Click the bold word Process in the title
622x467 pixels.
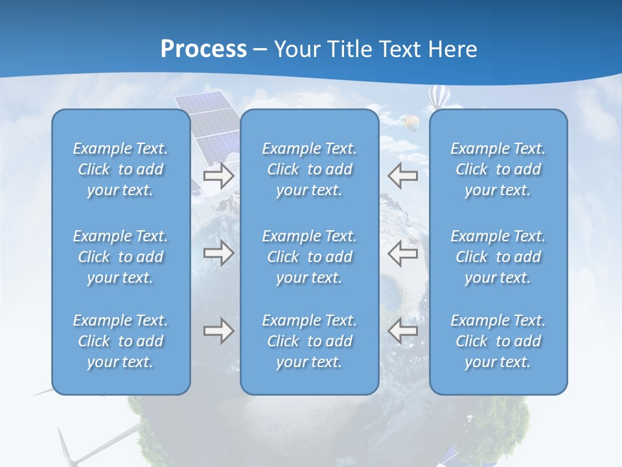coord(203,49)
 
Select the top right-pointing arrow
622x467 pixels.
coord(218,176)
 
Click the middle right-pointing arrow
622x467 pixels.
coord(218,253)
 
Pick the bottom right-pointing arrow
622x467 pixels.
coord(218,331)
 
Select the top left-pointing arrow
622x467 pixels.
coord(403,176)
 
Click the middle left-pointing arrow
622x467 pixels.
coord(403,253)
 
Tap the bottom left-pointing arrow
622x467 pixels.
coord(403,331)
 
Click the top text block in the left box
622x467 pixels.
coord(121,169)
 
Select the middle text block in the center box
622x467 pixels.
coord(309,257)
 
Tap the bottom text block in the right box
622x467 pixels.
coord(498,341)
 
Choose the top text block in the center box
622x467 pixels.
coord(309,169)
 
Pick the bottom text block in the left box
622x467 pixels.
coord(121,341)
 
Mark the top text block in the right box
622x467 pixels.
coord(498,169)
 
